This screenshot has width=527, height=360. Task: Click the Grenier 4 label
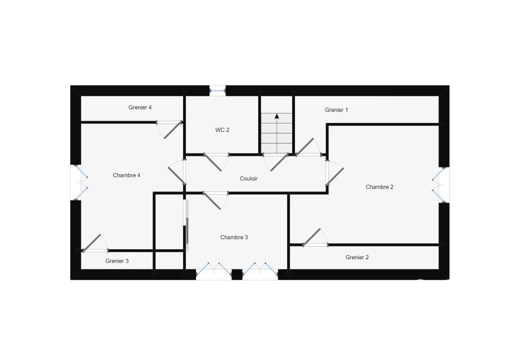140,107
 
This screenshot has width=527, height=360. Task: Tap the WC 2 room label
222,130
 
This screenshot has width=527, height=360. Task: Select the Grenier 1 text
336,110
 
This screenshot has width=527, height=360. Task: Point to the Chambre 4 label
126,175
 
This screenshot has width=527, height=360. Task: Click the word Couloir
248,179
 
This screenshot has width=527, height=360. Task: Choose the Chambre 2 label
380,187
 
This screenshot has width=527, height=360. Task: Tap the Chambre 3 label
234,238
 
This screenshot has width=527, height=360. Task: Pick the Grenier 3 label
117,261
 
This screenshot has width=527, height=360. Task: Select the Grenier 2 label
357,257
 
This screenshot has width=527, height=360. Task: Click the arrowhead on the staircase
277,116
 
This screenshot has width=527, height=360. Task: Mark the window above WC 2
218,91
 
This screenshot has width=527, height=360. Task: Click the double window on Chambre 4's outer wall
81,183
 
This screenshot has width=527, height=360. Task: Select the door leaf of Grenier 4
173,130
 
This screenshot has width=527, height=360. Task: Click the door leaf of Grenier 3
92,243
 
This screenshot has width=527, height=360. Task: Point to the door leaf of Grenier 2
312,237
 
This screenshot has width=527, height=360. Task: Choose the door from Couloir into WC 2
213,162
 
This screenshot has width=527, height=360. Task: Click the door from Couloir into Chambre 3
211,201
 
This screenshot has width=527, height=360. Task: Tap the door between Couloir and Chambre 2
335,176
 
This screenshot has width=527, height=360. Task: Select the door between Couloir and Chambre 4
177,175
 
